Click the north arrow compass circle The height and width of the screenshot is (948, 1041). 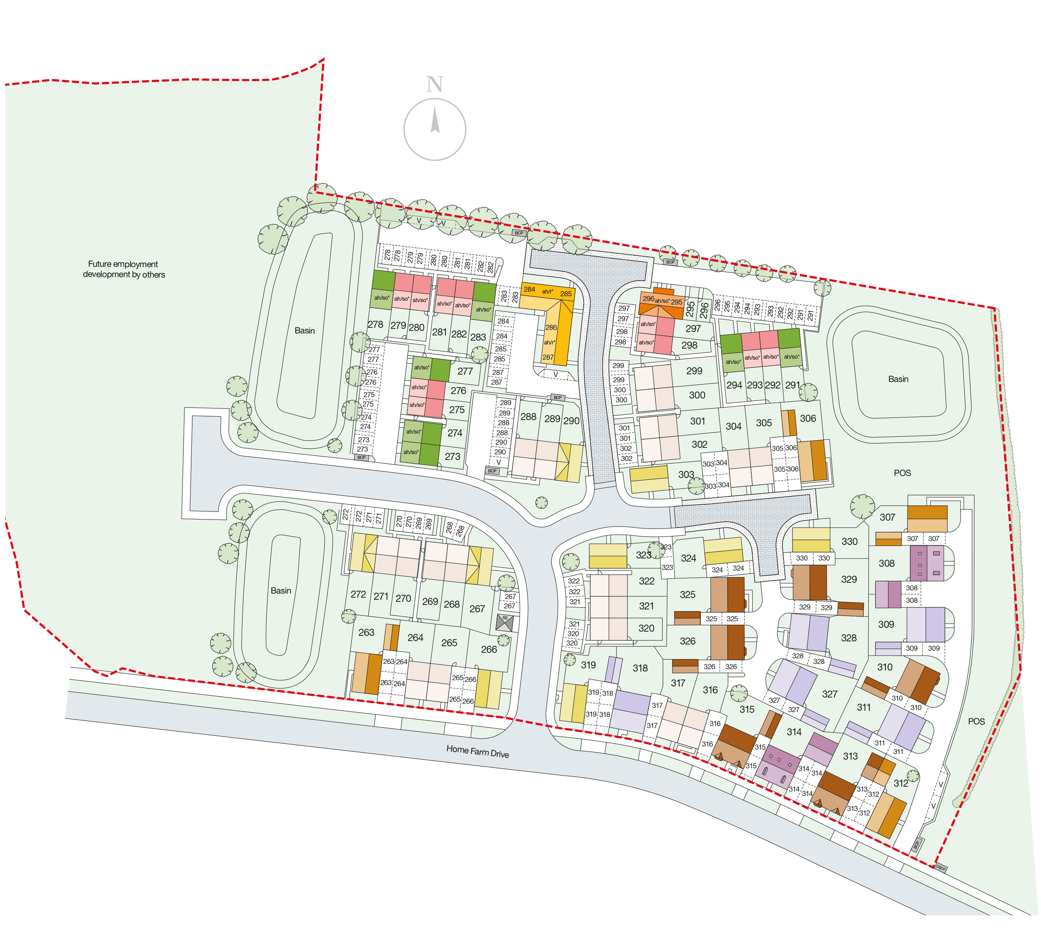(435, 129)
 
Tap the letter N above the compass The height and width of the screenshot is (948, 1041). (435, 84)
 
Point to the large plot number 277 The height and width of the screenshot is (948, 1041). (465, 371)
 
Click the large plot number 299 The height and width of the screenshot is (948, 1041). (694, 370)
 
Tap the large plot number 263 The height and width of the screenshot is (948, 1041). (366, 632)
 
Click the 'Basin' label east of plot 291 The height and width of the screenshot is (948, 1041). (898, 379)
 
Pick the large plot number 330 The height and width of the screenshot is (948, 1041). (849, 541)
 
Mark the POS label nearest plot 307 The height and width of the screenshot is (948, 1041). (902, 473)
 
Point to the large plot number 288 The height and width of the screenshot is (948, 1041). (528, 417)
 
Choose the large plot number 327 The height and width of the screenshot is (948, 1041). (829, 694)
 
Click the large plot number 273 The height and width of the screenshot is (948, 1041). (452, 456)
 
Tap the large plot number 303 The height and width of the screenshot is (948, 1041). (686, 474)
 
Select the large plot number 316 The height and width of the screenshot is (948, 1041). (710, 690)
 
